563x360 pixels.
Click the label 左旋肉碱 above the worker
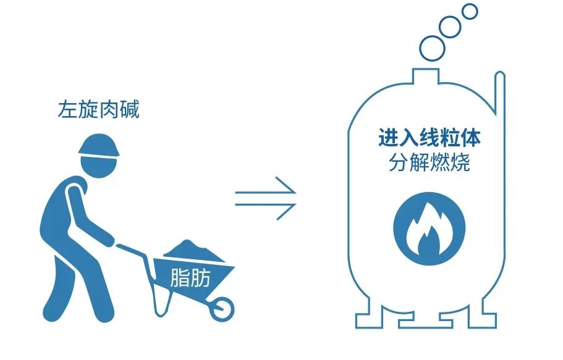click(x=98, y=110)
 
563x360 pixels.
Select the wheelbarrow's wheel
click(x=221, y=307)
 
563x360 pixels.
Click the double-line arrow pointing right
click(x=266, y=199)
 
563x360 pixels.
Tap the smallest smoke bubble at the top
click(x=470, y=11)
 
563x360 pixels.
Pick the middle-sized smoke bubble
click(x=453, y=27)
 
